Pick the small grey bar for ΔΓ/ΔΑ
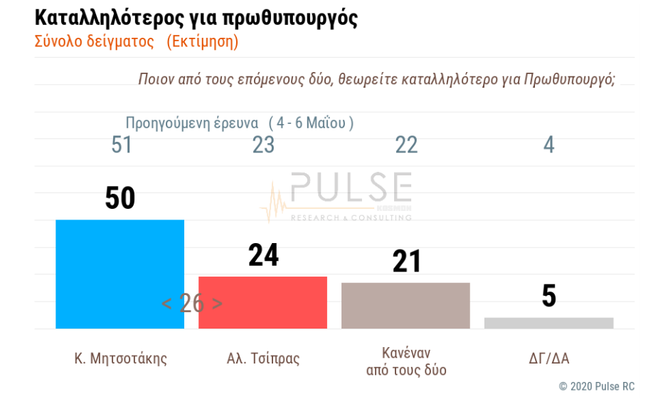(x=548, y=323)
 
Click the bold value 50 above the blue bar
(x=120, y=198)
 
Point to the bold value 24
(x=264, y=255)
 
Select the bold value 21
(x=407, y=262)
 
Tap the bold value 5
(x=548, y=297)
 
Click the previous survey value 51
(x=122, y=145)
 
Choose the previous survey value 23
(x=264, y=145)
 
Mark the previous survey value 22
(x=406, y=145)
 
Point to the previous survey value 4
(x=548, y=145)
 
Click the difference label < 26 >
(x=191, y=303)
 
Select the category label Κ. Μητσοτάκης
(x=121, y=358)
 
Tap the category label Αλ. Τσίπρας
(x=262, y=358)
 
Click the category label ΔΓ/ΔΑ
(x=548, y=358)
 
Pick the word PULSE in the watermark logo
(x=351, y=188)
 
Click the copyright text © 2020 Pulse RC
(x=596, y=386)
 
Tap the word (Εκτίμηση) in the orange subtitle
(x=202, y=41)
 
